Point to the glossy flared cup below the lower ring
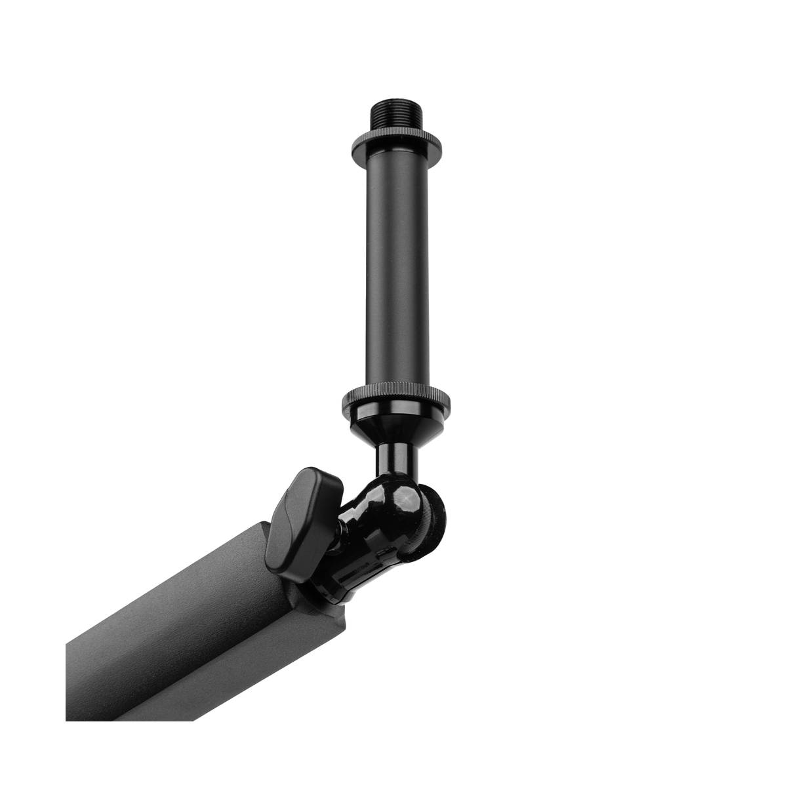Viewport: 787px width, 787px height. click(397, 425)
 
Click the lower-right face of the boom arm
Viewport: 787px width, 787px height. click(216, 662)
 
